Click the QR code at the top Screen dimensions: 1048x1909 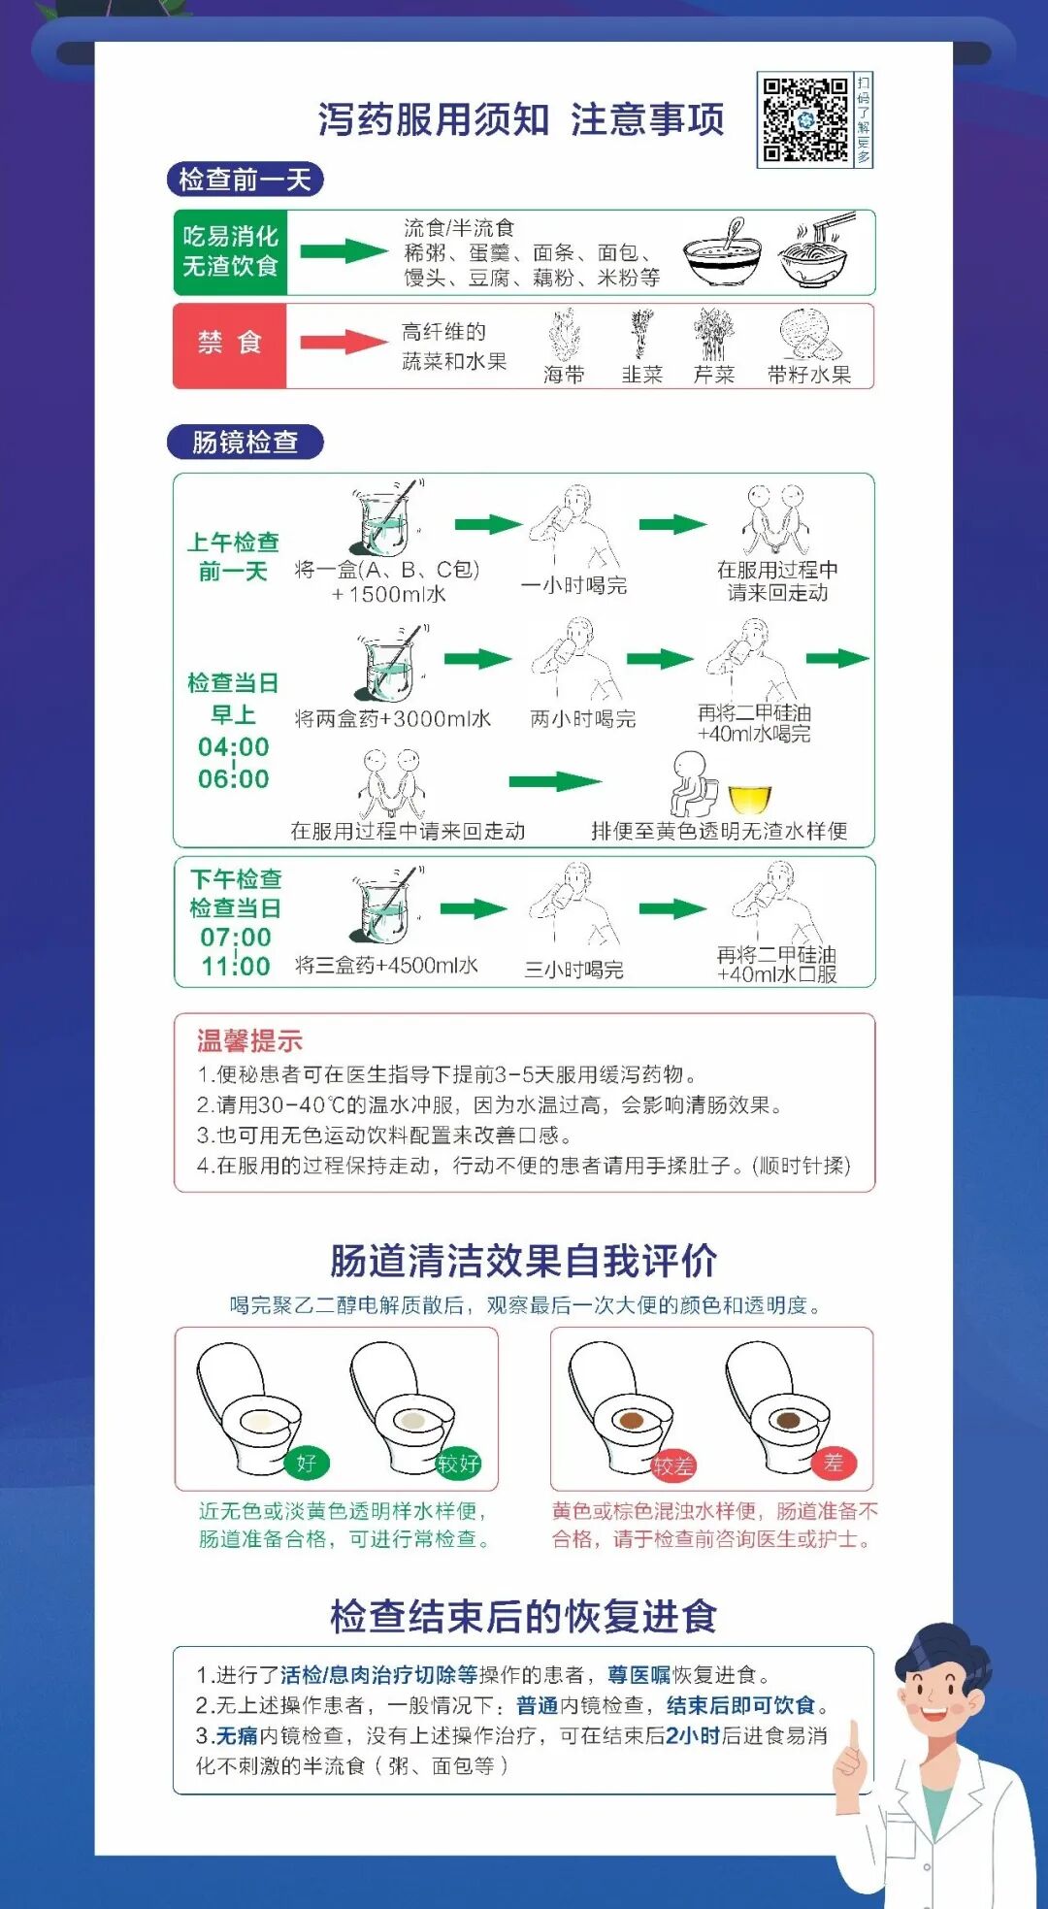805,119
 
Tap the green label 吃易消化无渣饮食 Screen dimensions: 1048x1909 230,251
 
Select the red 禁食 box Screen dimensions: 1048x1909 230,345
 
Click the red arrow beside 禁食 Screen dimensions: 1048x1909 344,342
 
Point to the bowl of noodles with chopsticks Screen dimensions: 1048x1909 816,251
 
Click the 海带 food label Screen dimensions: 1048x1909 564,375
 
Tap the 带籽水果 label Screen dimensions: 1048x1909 809,375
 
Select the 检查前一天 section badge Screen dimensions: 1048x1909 245,180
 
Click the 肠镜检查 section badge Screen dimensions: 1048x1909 245,442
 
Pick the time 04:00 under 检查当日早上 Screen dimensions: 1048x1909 234,746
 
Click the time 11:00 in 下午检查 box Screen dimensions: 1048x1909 236,966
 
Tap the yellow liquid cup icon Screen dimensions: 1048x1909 749,799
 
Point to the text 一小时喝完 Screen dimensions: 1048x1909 573,584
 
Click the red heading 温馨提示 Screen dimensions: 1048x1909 249,1041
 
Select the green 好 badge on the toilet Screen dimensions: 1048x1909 307,1463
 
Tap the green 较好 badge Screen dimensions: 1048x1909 458,1463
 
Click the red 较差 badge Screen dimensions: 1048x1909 672,1465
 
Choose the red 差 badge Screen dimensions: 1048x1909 834,1463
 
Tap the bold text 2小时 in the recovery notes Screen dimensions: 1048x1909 692,1735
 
